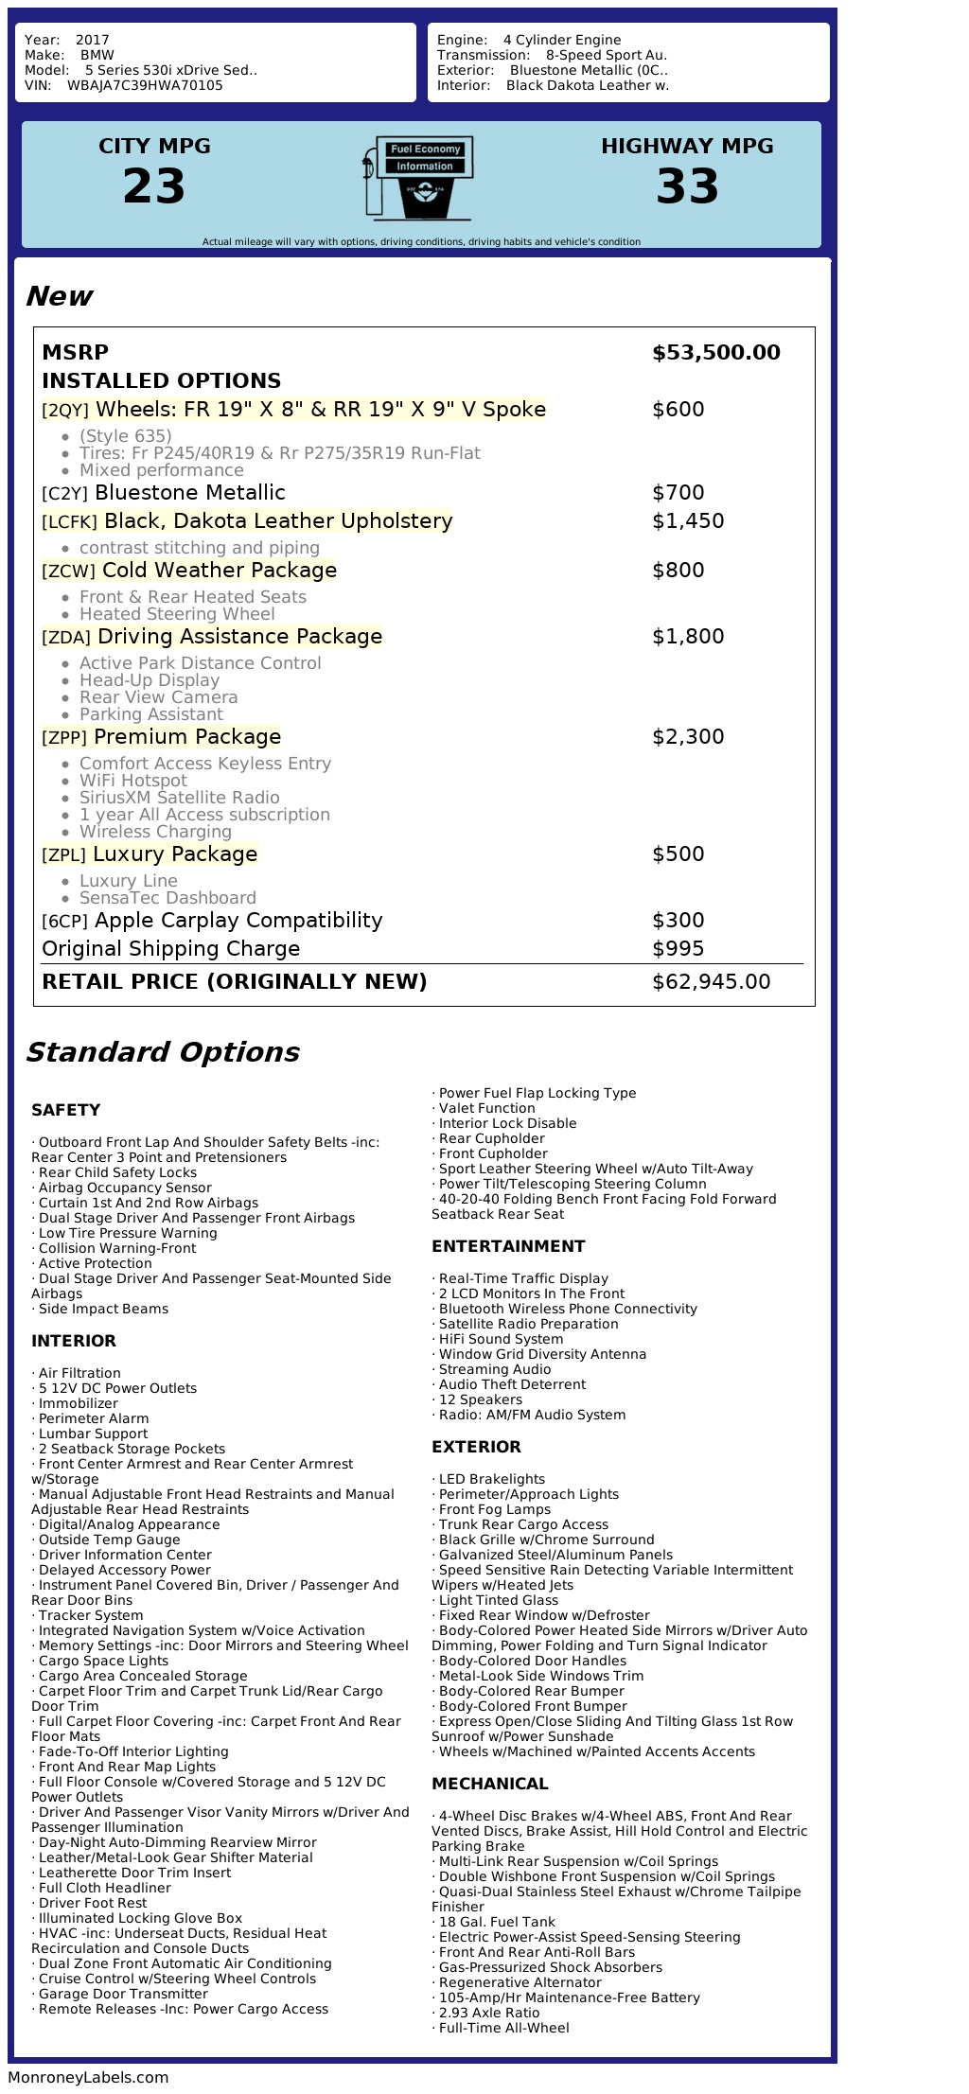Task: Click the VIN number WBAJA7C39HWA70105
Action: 145,85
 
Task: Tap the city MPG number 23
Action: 154,185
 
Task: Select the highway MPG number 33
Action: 687,185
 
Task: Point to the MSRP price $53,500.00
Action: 715,353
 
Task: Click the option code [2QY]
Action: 65,411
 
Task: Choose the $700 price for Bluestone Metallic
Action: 678,493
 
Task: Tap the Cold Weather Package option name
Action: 219,571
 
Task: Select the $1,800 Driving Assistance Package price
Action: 687,637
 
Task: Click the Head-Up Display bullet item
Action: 149,680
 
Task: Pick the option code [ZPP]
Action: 64,738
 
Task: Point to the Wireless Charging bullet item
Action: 155,832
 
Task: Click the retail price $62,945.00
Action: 711,982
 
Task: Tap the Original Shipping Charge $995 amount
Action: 678,949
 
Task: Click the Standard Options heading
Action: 162,1052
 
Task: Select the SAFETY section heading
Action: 65,1110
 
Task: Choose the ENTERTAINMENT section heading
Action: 508,1246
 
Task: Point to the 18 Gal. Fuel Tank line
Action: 497,1922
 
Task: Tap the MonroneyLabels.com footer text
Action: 88,2077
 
